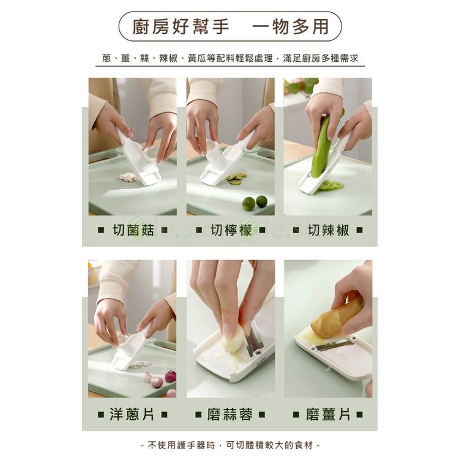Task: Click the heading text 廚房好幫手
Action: click(181, 27)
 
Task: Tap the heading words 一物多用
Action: click(290, 27)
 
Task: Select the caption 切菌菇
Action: click(133, 230)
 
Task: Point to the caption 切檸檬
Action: click(231, 230)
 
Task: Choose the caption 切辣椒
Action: click(329, 230)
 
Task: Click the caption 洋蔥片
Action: click(132, 414)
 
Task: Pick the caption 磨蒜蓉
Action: click(229, 414)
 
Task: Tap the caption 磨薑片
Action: click(328, 414)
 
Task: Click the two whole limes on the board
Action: click(255, 203)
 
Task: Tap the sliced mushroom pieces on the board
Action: click(128, 177)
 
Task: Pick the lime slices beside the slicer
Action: click(236, 178)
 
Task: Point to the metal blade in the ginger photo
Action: click(334, 346)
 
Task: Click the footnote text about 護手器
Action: click(230, 446)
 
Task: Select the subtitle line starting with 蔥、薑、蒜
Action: click(230, 58)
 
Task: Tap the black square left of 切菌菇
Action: click(101, 230)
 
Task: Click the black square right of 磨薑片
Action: click(360, 414)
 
